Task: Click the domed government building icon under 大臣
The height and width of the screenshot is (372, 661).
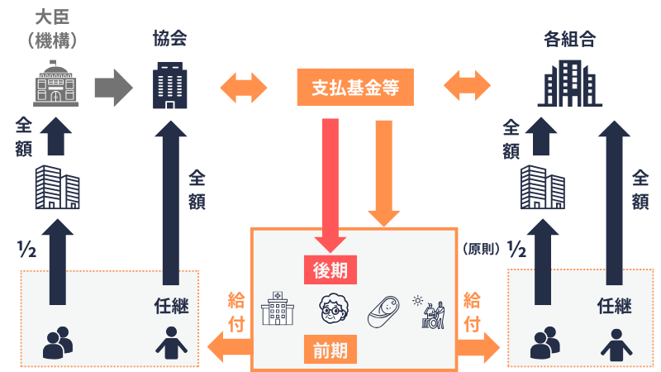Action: coord(55,83)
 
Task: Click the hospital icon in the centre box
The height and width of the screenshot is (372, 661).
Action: coord(276,309)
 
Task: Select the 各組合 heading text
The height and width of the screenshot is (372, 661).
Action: coord(570,38)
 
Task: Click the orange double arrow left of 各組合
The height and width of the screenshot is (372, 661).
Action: coord(467,87)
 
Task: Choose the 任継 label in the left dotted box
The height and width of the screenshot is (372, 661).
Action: coord(172,306)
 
